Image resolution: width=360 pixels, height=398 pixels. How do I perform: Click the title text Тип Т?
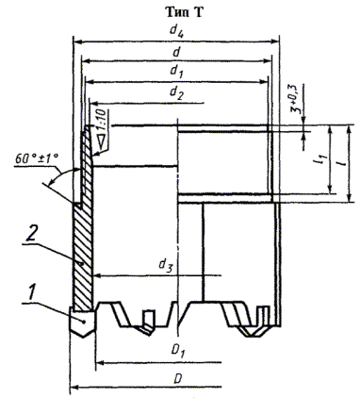185,12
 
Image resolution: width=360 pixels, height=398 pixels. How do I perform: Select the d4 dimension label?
177,29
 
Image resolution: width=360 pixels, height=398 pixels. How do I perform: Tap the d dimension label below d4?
177,51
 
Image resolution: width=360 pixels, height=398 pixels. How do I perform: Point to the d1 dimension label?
176,71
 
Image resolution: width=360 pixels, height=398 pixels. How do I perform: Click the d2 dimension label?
176,92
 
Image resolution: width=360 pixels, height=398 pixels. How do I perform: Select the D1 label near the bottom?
178,351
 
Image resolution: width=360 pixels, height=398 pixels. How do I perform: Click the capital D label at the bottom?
178,378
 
